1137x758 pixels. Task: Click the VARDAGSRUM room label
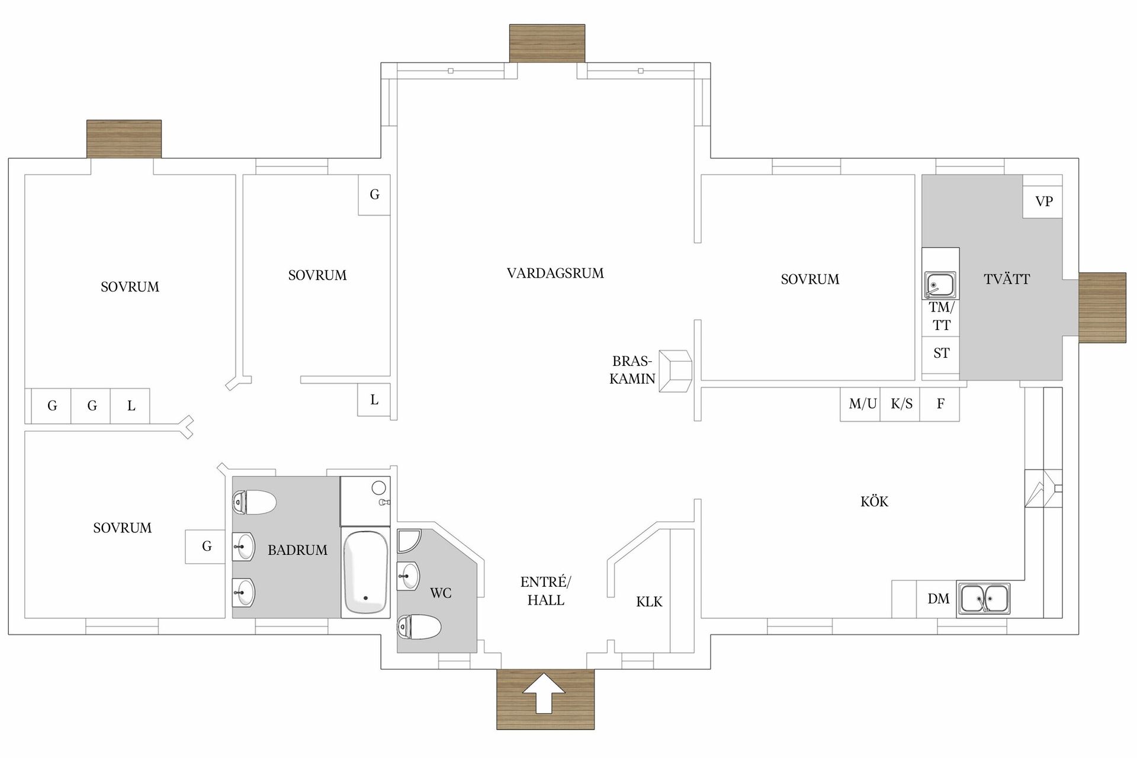click(555, 274)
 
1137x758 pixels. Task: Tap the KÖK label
click(874, 502)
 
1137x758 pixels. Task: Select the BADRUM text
click(297, 550)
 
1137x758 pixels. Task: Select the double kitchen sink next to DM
click(984, 598)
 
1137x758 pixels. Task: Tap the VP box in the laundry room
click(1043, 201)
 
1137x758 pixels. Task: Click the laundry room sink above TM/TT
click(940, 285)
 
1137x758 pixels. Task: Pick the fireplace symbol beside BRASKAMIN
click(676, 371)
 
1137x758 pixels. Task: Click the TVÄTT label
click(1007, 280)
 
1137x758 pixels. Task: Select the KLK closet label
click(649, 602)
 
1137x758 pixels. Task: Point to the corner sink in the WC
click(408, 540)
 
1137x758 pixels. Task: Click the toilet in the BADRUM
click(255, 502)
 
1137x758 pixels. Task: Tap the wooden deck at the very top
click(547, 43)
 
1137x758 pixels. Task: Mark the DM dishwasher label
click(939, 599)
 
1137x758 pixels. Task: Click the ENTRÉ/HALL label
click(545, 591)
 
